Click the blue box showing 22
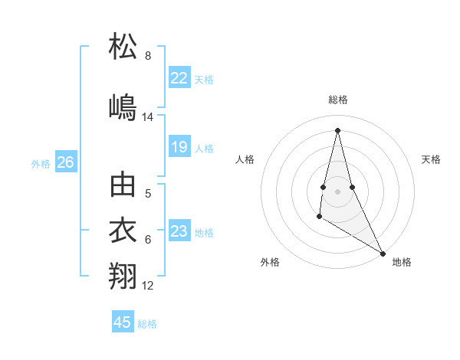click(x=179, y=77)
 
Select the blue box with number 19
click(x=179, y=147)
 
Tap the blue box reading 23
click(x=179, y=231)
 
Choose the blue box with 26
click(x=66, y=162)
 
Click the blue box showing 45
click(x=123, y=322)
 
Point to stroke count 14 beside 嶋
click(x=148, y=117)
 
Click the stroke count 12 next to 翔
click(x=148, y=286)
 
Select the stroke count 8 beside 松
click(x=148, y=56)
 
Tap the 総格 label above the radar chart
click(x=338, y=100)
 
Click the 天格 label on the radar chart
click(x=431, y=159)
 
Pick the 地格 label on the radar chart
click(x=402, y=262)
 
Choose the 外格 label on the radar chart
click(x=270, y=262)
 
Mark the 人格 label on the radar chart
click(x=245, y=159)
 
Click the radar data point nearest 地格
click(x=383, y=254)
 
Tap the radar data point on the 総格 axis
click(x=337, y=129)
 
